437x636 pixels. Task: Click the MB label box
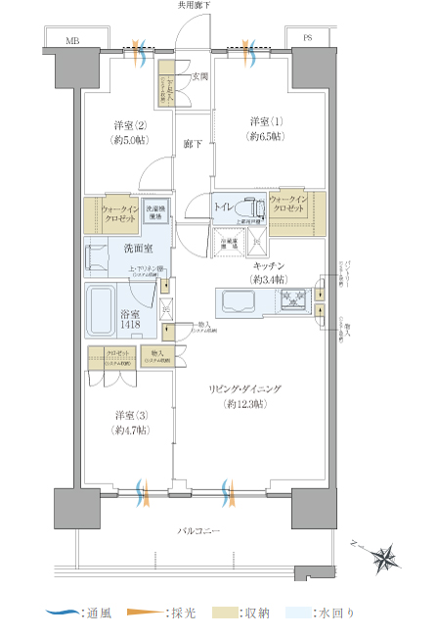[x=72, y=41]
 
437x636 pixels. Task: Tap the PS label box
[x=307, y=40]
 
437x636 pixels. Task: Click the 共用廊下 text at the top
[x=194, y=6]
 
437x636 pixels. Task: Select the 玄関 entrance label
[x=198, y=76]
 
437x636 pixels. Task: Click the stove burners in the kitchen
[x=293, y=300]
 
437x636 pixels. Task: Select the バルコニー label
[x=198, y=530]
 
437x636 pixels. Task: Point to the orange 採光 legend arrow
[x=144, y=613]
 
